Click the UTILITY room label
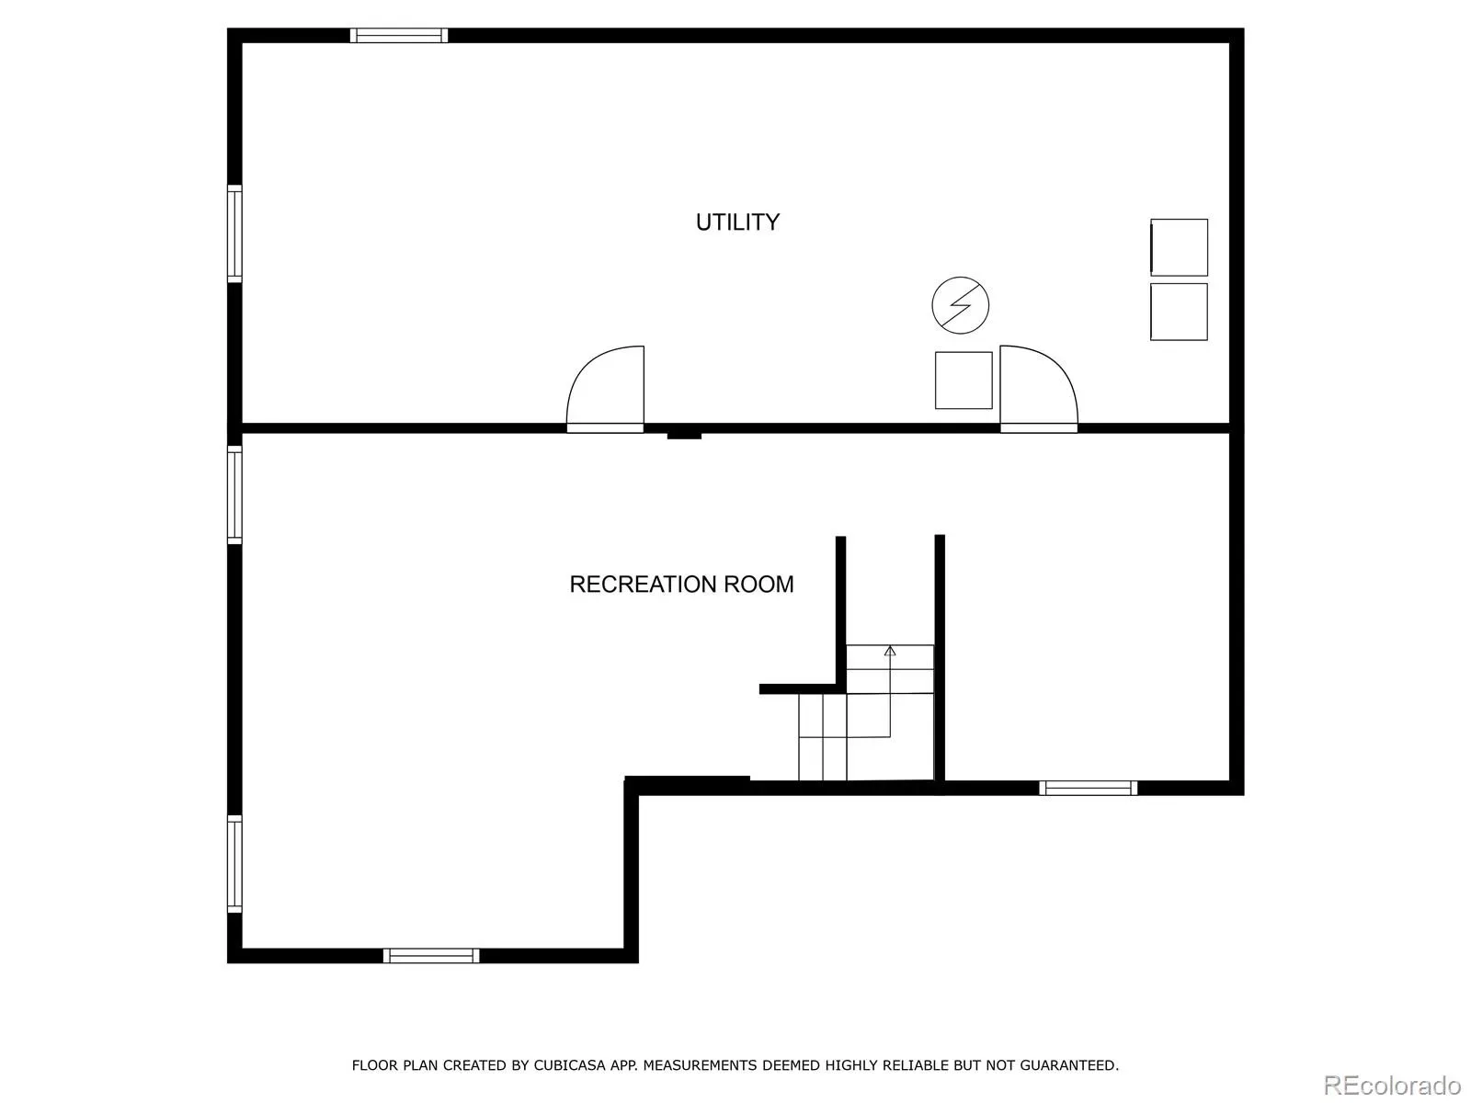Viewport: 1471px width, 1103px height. point(737,222)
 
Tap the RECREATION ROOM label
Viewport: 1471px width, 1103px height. point(681,585)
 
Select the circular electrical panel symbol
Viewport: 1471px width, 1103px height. point(961,305)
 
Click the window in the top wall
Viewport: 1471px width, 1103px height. point(399,36)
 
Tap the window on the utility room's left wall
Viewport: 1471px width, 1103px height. point(234,233)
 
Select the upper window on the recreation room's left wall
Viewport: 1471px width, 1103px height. point(234,495)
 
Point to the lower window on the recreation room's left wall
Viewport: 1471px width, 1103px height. point(234,864)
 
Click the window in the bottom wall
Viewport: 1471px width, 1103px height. point(431,956)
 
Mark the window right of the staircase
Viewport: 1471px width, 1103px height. point(1088,789)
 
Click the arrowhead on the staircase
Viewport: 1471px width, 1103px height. point(890,651)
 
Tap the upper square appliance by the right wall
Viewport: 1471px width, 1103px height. point(1179,247)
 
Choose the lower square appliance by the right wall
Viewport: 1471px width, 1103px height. point(1179,312)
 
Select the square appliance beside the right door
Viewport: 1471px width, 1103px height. point(964,381)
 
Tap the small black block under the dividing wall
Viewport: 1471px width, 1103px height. point(684,436)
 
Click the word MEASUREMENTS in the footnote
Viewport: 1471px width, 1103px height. point(700,1065)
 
